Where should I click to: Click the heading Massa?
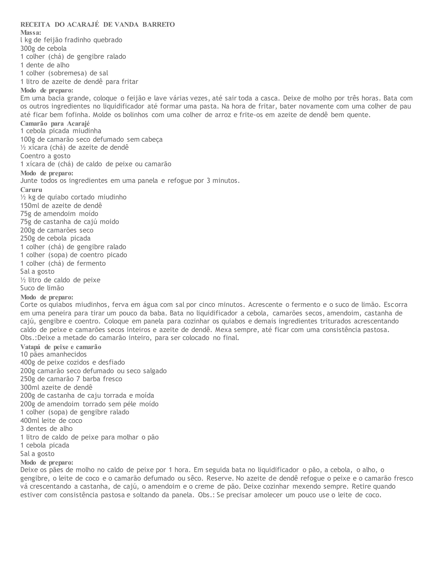(x=31, y=33)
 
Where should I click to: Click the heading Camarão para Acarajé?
(x=55, y=123)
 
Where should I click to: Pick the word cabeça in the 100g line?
(x=152, y=139)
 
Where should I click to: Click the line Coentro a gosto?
(x=45, y=156)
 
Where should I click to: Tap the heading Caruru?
(x=31, y=190)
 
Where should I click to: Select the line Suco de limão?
(x=42, y=288)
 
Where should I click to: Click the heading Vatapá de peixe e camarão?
(x=61, y=347)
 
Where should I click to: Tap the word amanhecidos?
(x=66, y=354)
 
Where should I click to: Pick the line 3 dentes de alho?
(x=46, y=429)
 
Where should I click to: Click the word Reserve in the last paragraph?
(x=219, y=478)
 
